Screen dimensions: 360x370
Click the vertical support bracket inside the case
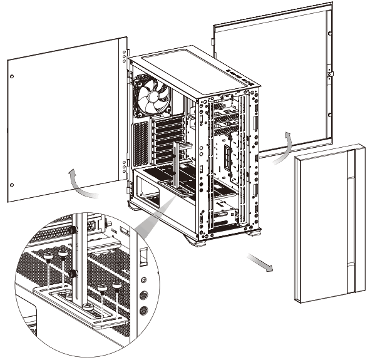(177, 166)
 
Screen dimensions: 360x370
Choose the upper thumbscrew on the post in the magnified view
(74, 230)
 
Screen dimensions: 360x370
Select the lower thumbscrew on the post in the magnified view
(74, 274)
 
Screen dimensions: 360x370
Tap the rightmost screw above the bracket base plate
(117, 285)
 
